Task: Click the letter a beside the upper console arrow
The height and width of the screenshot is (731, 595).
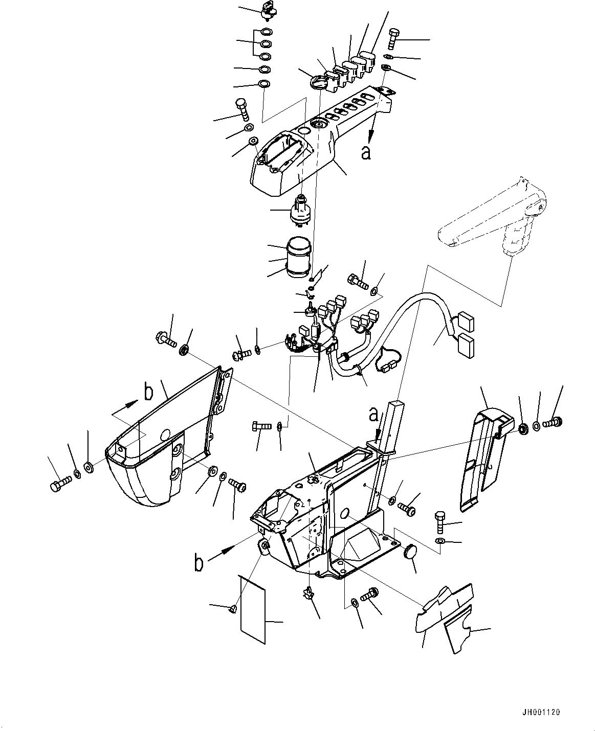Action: (366, 152)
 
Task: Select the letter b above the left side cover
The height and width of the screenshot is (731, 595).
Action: (148, 393)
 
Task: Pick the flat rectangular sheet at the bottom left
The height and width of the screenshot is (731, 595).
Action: (253, 608)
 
